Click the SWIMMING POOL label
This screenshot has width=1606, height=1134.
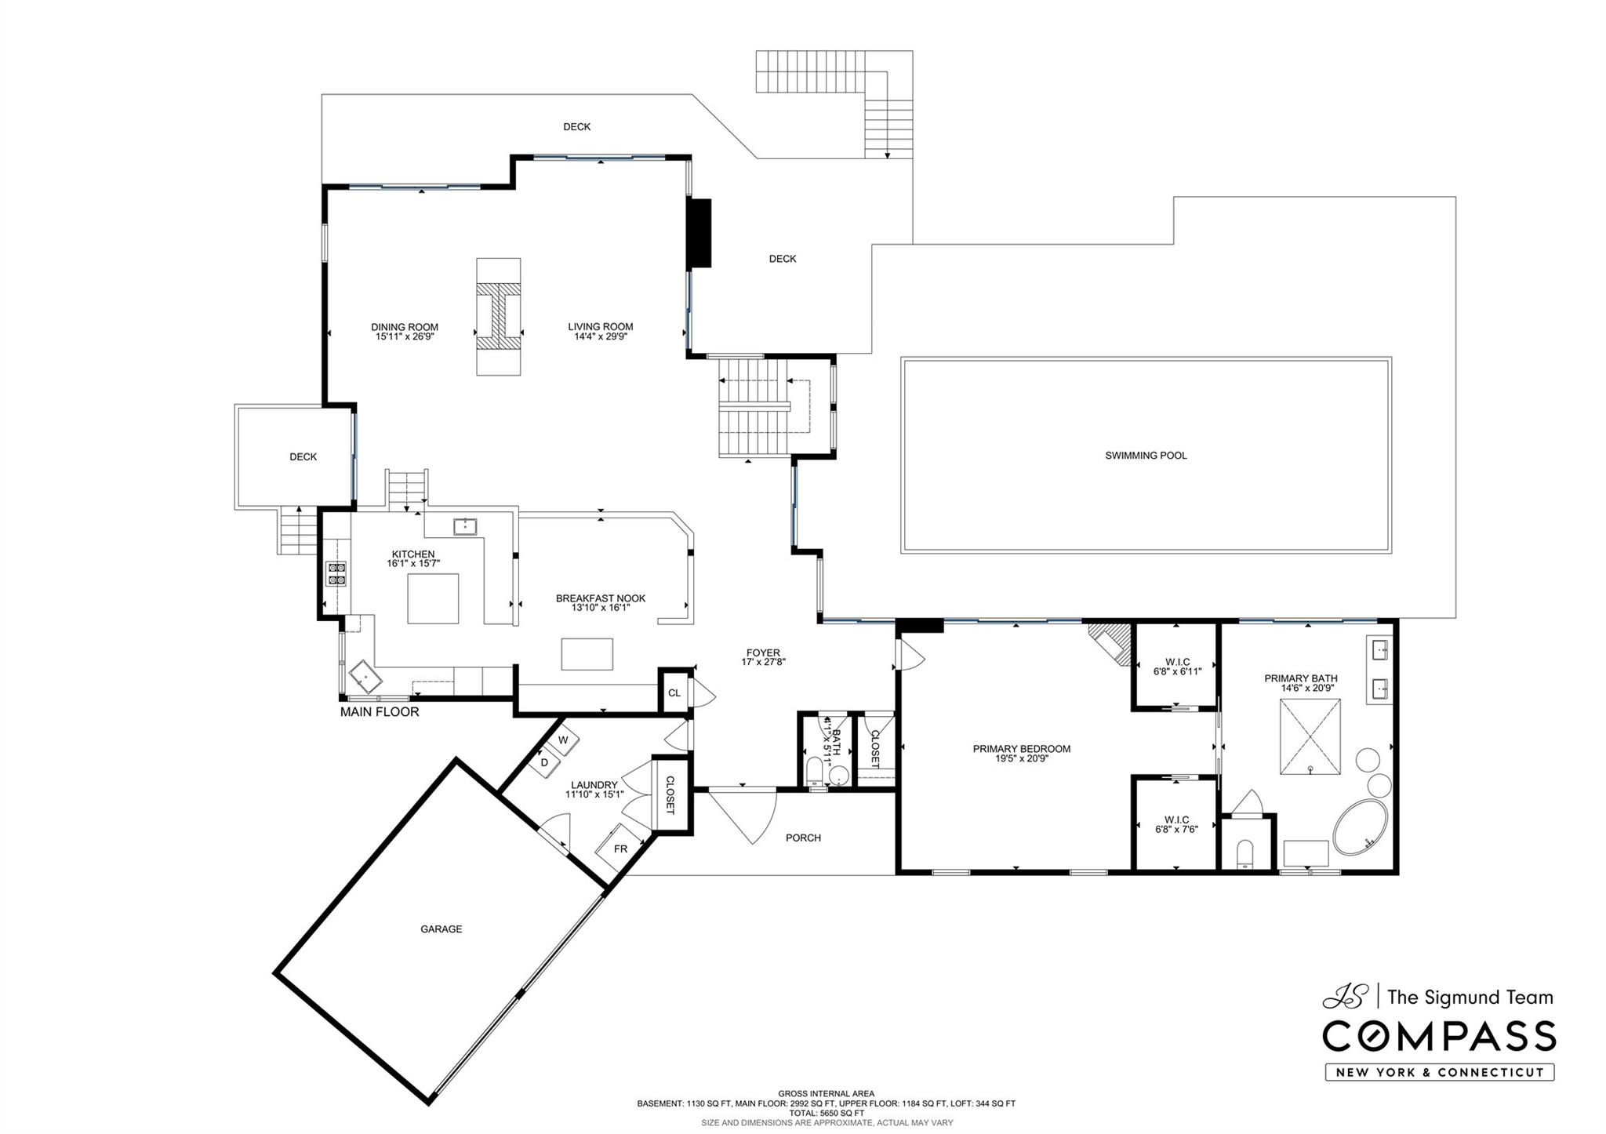[1146, 456]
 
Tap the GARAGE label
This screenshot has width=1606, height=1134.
[441, 929]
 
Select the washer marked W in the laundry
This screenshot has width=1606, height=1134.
[563, 740]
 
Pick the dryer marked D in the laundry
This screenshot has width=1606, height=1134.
[544, 762]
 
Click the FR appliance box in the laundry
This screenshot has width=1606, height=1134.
[620, 849]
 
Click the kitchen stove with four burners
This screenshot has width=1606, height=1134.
[337, 574]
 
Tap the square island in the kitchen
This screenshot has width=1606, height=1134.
[433, 598]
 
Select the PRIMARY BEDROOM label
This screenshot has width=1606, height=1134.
[1021, 749]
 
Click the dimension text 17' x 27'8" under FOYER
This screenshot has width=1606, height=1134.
[763, 663]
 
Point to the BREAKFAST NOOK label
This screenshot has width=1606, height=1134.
[601, 598]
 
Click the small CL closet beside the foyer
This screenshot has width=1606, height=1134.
[674, 692]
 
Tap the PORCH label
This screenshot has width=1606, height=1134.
[803, 838]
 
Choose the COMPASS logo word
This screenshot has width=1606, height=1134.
[1439, 1037]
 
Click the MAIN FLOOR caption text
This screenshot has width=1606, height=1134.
[380, 712]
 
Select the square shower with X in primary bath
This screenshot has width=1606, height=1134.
[1310, 737]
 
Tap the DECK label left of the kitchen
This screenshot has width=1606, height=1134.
[303, 457]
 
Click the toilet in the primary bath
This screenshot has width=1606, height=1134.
[1244, 854]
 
